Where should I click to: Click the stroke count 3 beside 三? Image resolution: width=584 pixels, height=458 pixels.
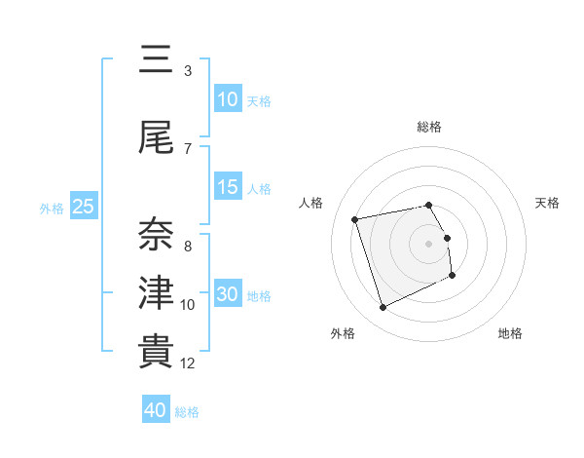point(187,71)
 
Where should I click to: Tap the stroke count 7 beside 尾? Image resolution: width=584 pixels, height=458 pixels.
point(187,149)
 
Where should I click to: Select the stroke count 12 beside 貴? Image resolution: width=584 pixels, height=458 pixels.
point(188,363)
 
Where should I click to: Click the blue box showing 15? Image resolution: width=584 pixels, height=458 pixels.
point(228,187)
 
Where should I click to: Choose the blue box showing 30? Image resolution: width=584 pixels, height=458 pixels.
point(228,294)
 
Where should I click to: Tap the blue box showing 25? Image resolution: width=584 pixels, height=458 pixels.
point(83,207)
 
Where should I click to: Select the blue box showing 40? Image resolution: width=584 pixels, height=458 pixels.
point(156,410)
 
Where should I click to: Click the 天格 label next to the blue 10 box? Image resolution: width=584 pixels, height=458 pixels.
point(258,101)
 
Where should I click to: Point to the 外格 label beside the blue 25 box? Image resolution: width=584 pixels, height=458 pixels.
point(52,208)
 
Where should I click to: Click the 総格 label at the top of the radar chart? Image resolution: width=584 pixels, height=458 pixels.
point(429,127)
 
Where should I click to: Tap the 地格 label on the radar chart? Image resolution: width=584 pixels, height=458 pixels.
point(510,333)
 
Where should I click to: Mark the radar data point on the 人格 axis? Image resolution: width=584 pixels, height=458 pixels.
point(355,218)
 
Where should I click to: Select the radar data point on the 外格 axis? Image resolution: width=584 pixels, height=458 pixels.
point(383,308)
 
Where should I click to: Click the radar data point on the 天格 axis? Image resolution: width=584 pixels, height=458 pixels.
point(447,238)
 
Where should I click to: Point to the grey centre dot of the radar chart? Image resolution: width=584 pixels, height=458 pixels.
point(428,244)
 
